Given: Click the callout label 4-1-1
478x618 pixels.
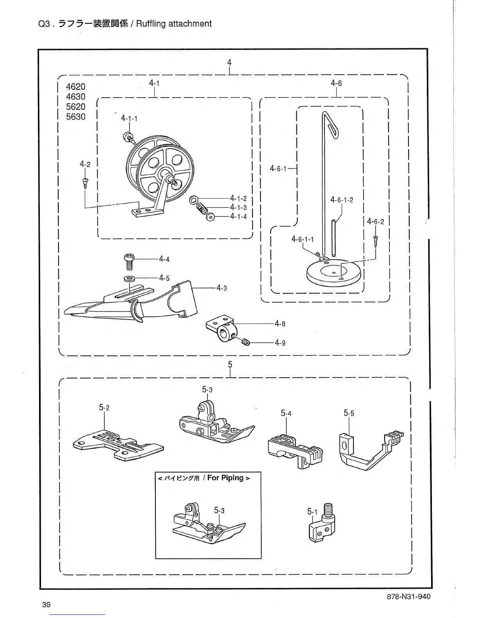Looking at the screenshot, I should coord(129,118).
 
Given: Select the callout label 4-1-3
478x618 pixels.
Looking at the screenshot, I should coord(238,207).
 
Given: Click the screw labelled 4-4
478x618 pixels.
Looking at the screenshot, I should coord(128,261).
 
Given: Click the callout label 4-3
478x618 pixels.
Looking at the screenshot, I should coord(222,288).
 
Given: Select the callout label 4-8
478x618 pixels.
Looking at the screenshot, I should coord(280,323).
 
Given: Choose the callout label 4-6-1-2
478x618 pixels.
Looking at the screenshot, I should coord(342,200).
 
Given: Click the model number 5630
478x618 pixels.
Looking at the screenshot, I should coord(76,117).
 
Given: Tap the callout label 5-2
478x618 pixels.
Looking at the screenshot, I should coord(104,408).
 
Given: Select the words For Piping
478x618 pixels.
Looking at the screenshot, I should coord(225,478).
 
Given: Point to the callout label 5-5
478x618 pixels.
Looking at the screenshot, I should coord(349,413).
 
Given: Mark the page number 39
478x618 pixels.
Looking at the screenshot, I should coord(46,605).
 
